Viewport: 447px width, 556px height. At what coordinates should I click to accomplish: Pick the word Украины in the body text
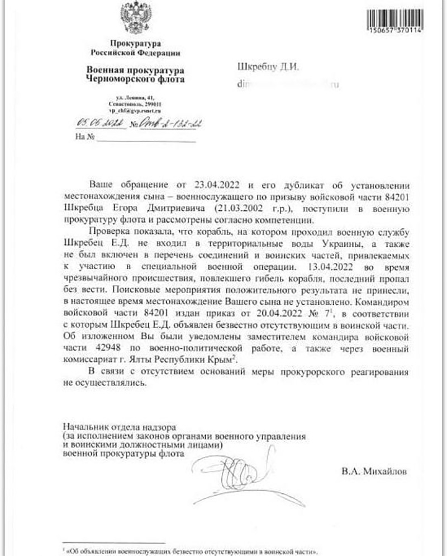pyautogui.click(x=324, y=243)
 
